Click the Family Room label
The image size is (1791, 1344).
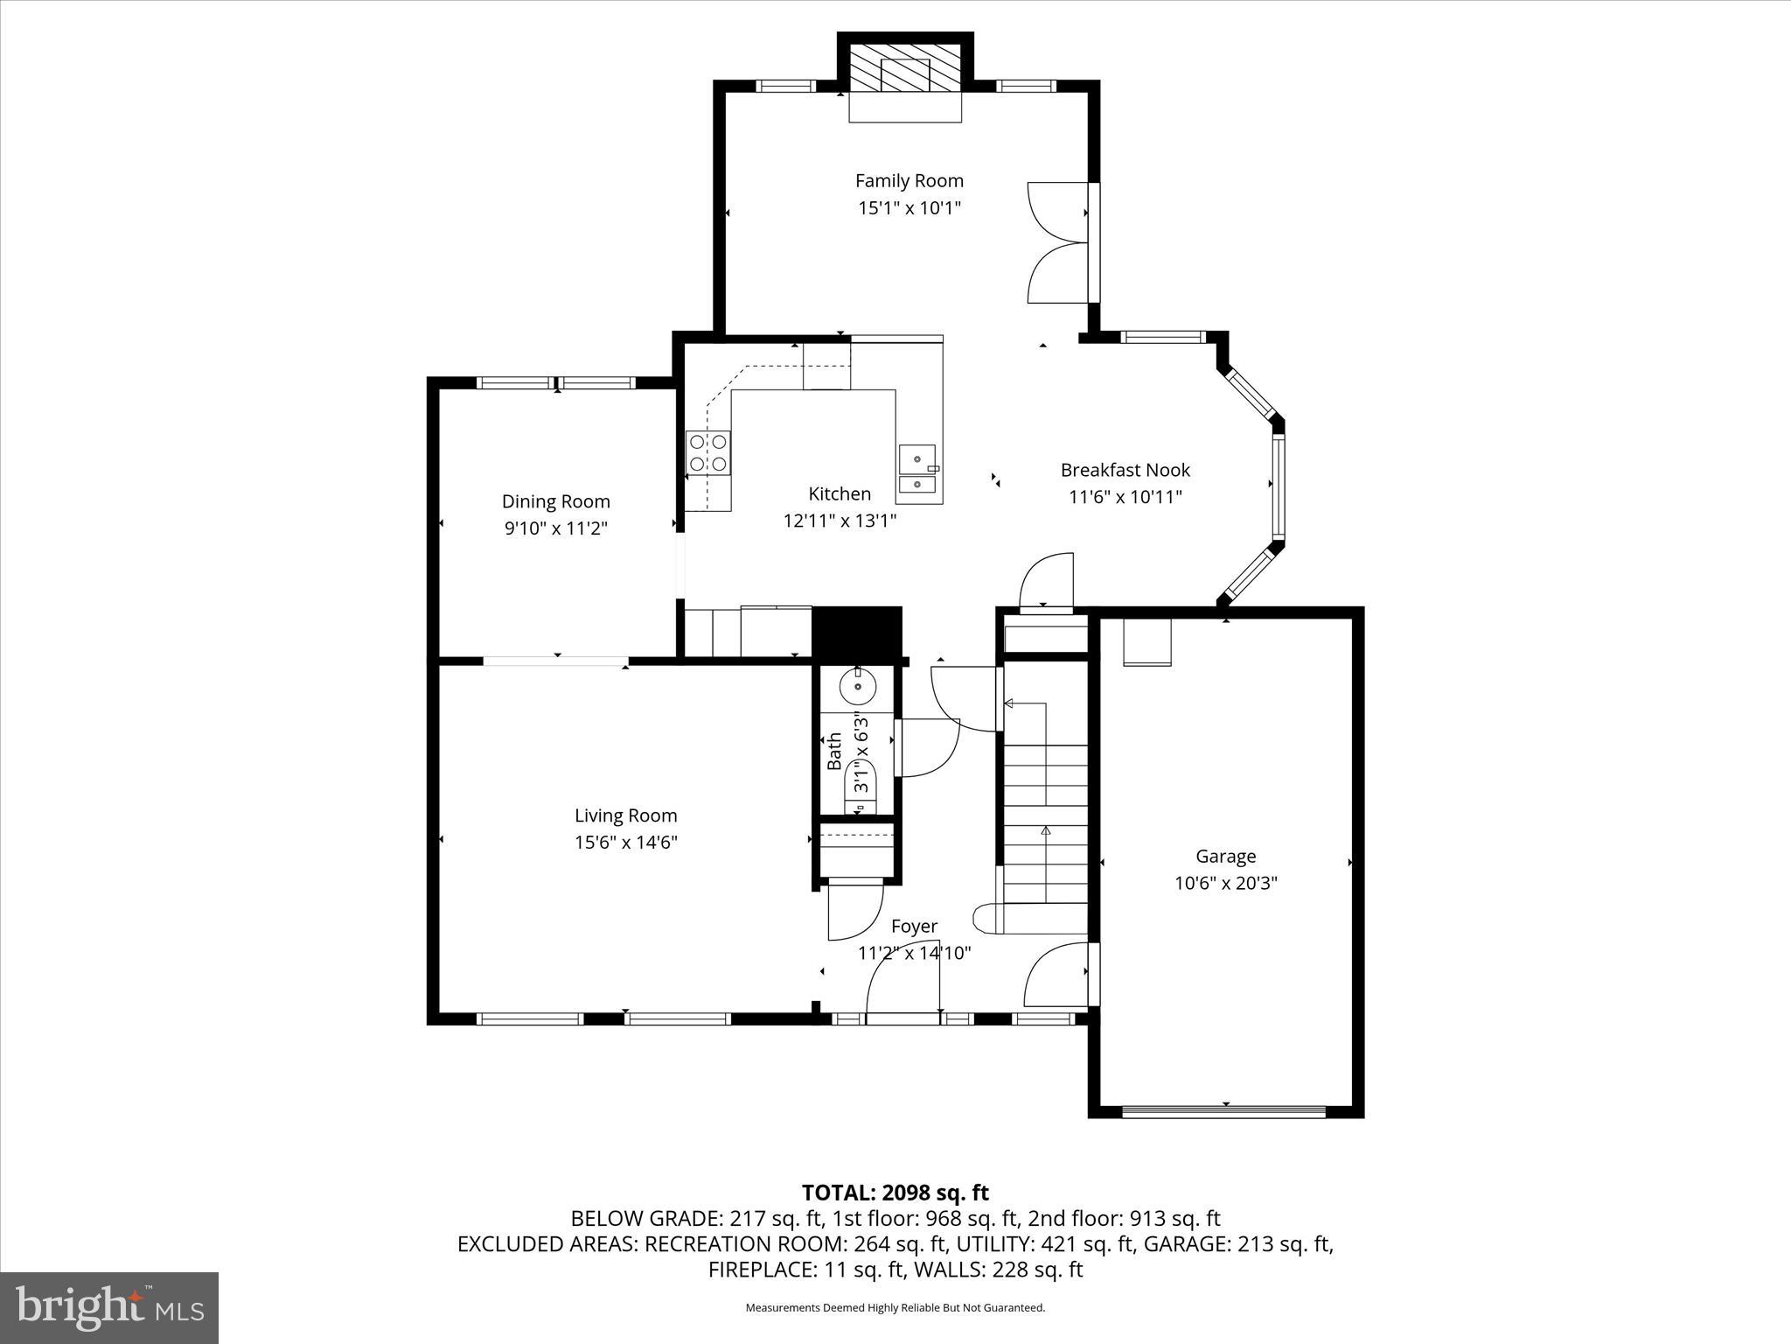[x=909, y=181]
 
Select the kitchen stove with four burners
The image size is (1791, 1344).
[x=707, y=453]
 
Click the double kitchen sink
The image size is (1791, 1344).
[x=917, y=471]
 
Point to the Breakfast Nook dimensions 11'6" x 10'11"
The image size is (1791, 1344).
[x=1125, y=497]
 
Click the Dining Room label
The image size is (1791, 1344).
[x=555, y=501]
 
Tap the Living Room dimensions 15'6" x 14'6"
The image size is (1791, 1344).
[x=625, y=843]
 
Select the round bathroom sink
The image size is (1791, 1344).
[x=857, y=686]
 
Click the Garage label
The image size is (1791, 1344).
[x=1225, y=857]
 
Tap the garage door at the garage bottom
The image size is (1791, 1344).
[x=1223, y=1112]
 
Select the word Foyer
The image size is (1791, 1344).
[x=914, y=926]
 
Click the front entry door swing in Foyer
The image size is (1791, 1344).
[x=901, y=976]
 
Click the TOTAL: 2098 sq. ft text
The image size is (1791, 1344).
[x=895, y=1193]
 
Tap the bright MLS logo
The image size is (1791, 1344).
[x=108, y=1308]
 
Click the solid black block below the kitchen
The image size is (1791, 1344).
[x=856, y=632]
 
